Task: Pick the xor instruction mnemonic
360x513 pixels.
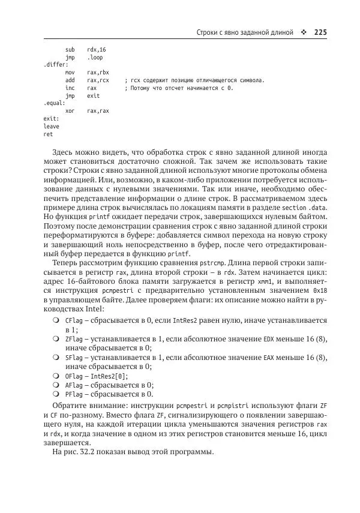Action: (70, 111)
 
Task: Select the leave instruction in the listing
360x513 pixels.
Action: (52, 127)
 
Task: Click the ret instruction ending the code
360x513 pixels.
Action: (48, 134)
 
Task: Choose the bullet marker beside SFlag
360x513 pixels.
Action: (55, 358)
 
